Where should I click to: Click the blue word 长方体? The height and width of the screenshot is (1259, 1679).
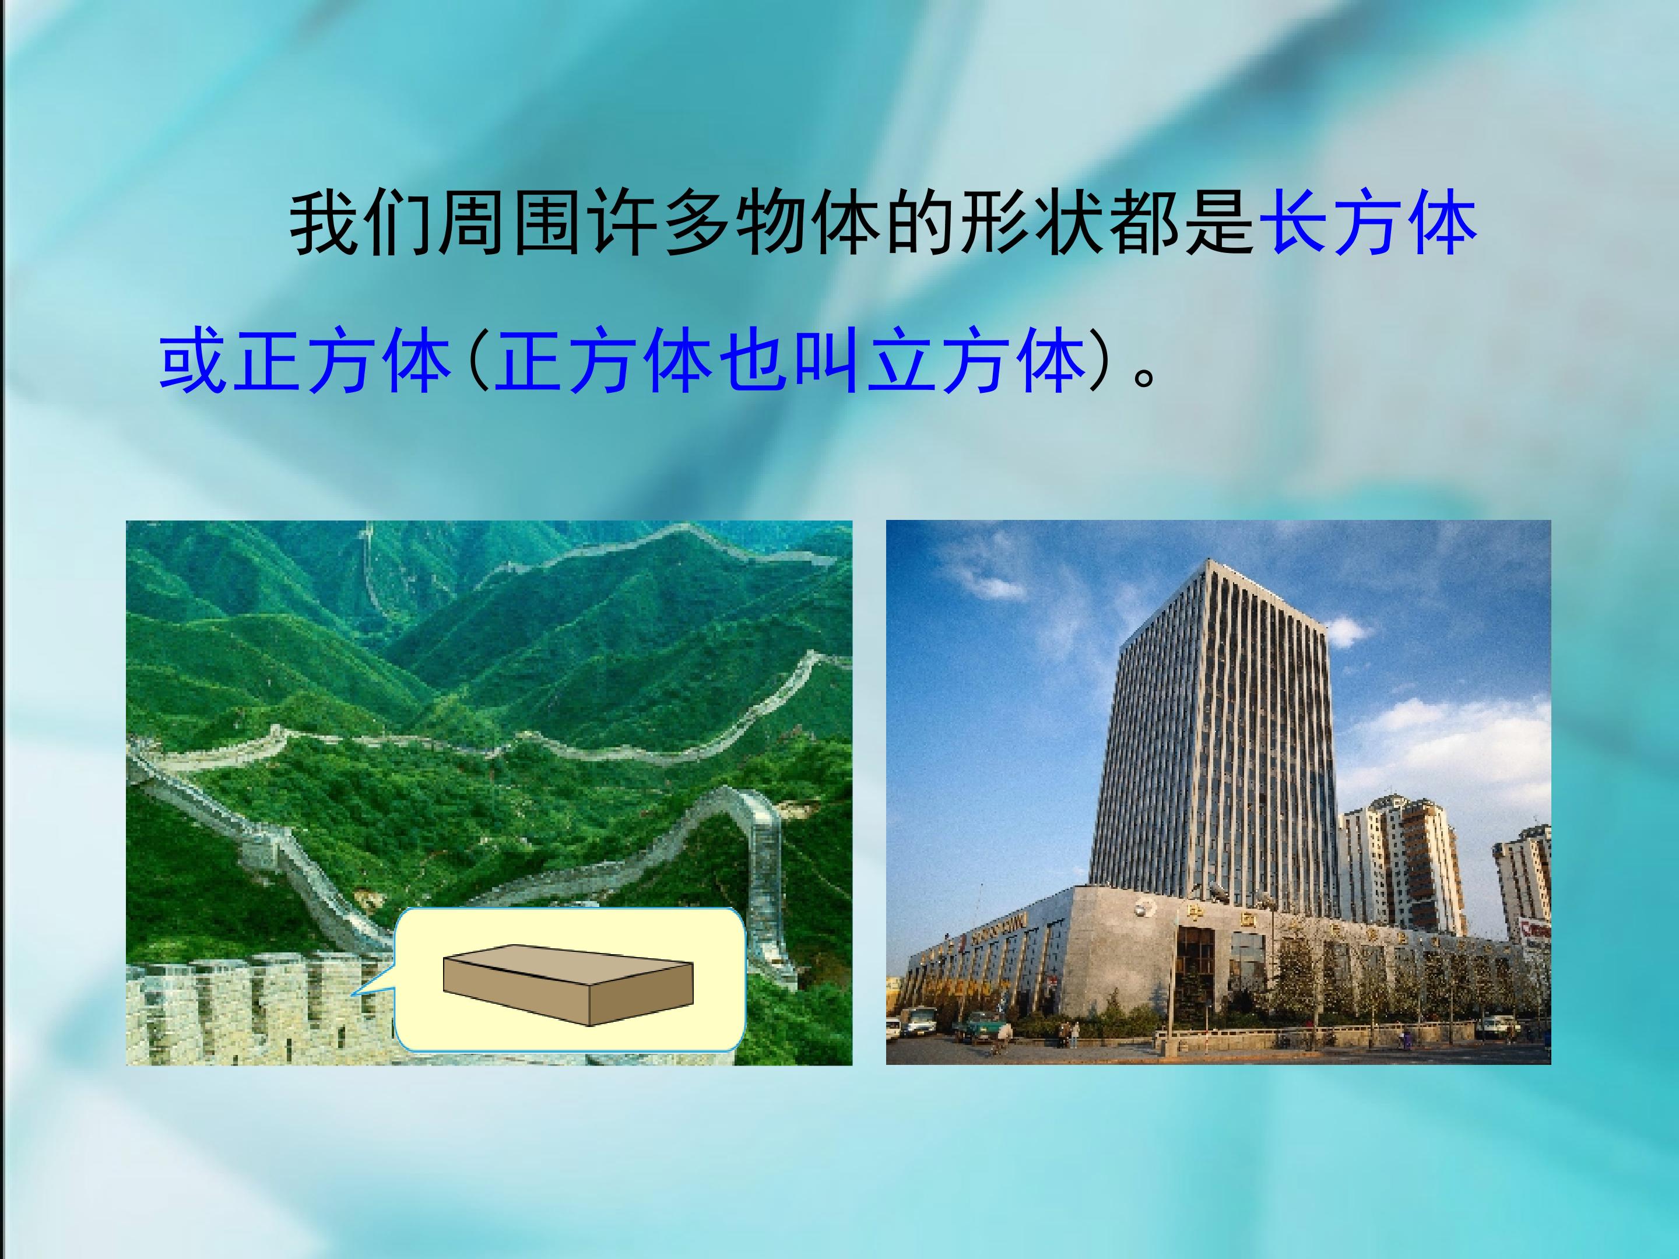(x=1367, y=224)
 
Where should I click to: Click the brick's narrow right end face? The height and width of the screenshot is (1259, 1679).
(x=642, y=994)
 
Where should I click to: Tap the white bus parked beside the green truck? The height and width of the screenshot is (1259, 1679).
(x=918, y=1021)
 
